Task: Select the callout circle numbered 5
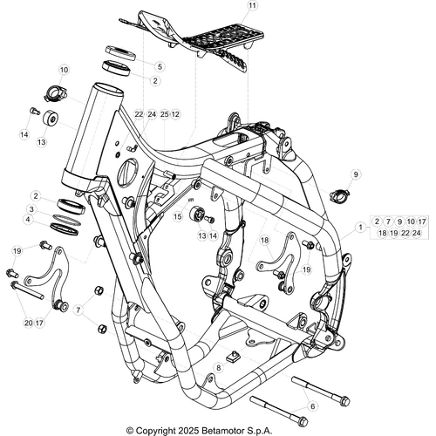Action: [160, 66]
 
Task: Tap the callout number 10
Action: [64, 70]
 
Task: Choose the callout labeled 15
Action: [178, 215]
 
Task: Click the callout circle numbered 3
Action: [31, 209]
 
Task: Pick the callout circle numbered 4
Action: [31, 221]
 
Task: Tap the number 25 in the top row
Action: [164, 114]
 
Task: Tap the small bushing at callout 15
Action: [197, 215]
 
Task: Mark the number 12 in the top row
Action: [175, 114]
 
